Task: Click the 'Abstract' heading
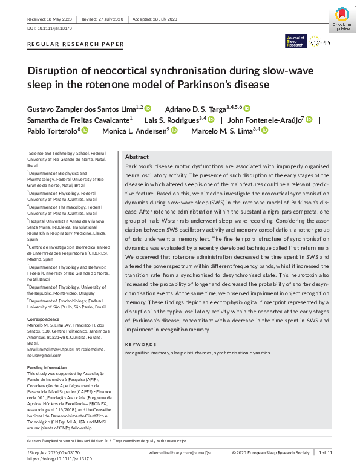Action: point(136,157)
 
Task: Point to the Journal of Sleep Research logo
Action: point(296,41)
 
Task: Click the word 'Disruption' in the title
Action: point(53,71)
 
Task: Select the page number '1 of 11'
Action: point(326,452)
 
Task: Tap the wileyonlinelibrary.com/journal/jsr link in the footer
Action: point(180,452)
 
